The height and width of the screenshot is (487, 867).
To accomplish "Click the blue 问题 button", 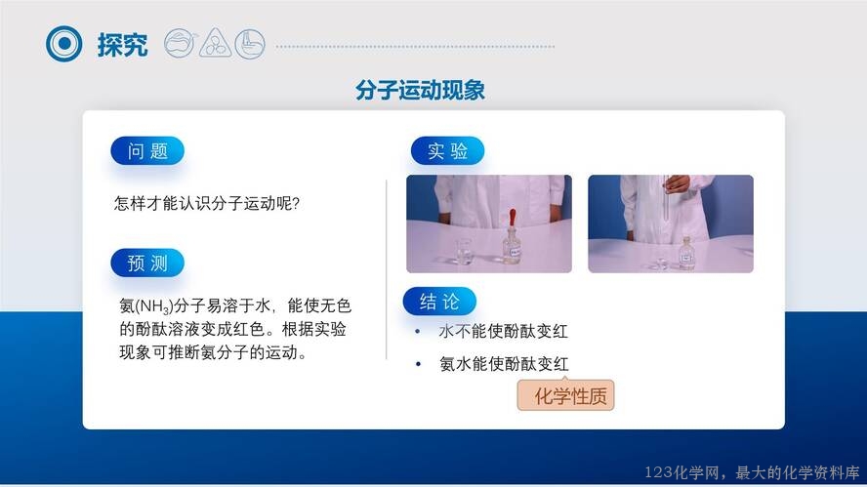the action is click(x=147, y=151).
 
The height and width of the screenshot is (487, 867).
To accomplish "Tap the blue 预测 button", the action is click(x=147, y=264).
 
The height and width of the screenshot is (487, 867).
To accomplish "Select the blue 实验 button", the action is click(x=447, y=151).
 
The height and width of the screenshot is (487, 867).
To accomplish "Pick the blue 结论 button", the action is click(x=439, y=302).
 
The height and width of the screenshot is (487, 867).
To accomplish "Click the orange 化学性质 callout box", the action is click(x=565, y=395).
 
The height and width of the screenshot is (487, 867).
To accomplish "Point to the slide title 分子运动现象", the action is click(x=420, y=90).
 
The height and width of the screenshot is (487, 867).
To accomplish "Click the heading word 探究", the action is click(x=122, y=45).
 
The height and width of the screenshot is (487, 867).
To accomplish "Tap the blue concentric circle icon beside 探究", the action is click(x=64, y=44).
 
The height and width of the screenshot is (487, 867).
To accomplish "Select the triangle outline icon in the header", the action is click(x=215, y=44).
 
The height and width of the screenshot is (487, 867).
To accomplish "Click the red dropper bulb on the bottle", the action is click(x=513, y=218).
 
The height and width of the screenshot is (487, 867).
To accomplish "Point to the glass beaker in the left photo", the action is click(x=464, y=252).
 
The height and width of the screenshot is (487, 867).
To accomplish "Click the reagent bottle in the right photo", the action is click(x=686, y=255).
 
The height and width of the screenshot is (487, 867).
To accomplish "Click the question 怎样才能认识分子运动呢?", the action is click(x=207, y=203).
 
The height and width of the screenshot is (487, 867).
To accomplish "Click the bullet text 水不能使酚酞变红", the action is click(x=503, y=331).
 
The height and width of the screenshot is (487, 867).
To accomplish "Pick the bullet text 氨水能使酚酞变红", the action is click(x=504, y=364).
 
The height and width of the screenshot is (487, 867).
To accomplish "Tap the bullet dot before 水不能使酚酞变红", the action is click(x=418, y=331).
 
